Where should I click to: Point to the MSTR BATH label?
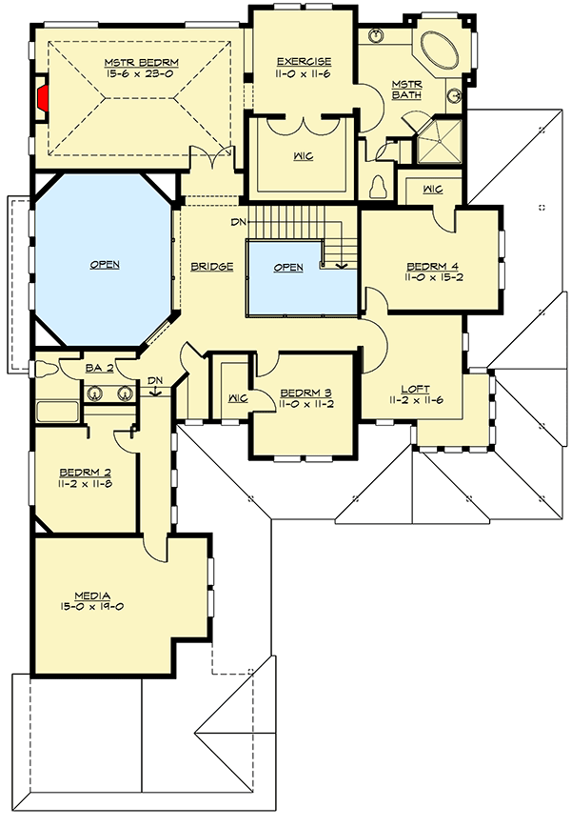(x=406, y=90)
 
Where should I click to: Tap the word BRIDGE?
(x=212, y=267)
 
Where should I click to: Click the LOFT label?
(x=415, y=389)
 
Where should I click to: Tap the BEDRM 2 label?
(x=85, y=473)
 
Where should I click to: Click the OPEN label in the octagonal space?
(x=105, y=264)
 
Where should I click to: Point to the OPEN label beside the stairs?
(x=288, y=268)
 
